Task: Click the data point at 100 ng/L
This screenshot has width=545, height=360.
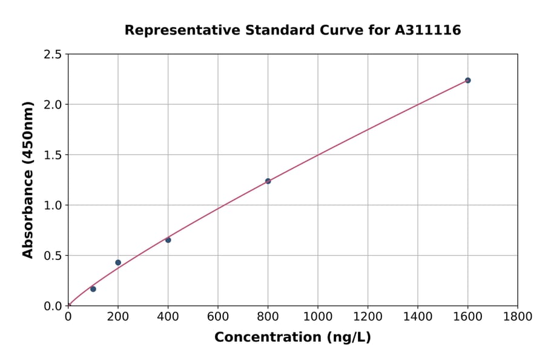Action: tap(93, 289)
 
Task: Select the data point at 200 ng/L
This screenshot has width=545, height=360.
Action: tap(118, 262)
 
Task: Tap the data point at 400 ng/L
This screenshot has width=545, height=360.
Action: tap(168, 240)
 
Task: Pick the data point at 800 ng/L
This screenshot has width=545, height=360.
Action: tap(268, 181)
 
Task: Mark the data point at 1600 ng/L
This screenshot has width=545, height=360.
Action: tap(467, 81)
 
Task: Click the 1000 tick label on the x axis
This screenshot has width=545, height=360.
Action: tap(318, 316)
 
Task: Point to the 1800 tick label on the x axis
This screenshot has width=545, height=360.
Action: tap(517, 316)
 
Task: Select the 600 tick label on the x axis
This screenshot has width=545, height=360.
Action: tap(218, 316)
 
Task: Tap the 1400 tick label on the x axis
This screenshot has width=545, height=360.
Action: tap(417, 316)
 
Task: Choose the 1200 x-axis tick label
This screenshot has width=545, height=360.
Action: tap(368, 316)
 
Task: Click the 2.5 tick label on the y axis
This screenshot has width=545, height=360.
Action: tap(53, 55)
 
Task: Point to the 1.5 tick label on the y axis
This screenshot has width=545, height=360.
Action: tap(53, 155)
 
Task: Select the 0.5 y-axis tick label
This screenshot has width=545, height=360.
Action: tap(53, 256)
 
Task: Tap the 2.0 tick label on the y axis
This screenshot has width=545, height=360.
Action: tap(53, 105)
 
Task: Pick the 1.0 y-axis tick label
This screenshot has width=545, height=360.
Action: tap(53, 205)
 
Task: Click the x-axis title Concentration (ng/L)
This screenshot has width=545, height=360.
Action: tap(292, 337)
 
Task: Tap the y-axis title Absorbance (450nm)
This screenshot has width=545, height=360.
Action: tap(28, 179)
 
